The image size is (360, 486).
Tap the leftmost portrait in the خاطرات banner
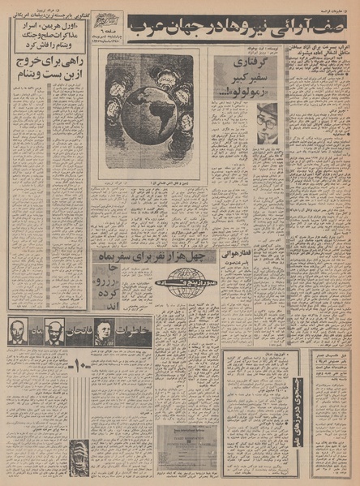[17, 332]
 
